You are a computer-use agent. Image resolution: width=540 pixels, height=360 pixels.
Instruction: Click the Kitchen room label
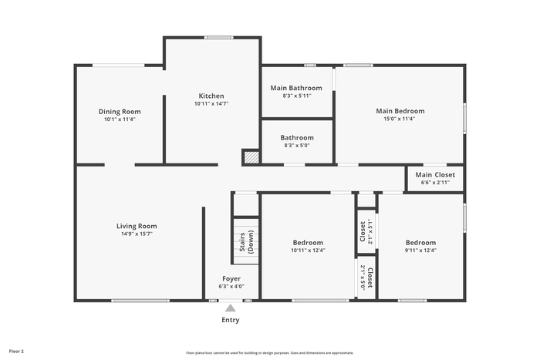211,96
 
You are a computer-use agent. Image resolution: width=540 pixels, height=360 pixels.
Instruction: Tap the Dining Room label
120,112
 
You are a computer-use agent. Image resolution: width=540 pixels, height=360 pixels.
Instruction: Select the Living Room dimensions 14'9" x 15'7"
137,234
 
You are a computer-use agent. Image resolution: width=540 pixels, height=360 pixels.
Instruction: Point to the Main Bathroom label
296,88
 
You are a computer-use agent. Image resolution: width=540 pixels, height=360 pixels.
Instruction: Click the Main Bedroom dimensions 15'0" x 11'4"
400,119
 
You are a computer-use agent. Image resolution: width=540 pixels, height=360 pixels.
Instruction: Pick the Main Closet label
435,175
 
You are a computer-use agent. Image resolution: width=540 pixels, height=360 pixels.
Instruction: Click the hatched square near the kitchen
251,157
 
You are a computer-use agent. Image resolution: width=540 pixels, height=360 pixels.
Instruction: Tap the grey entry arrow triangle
231,308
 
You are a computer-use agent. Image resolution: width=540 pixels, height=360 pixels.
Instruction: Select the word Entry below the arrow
231,320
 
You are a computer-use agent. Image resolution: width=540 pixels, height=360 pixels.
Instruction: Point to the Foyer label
231,279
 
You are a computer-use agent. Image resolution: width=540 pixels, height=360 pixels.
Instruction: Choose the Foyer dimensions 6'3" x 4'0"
231,286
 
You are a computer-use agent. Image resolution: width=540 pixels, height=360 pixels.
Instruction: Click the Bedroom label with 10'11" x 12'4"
308,243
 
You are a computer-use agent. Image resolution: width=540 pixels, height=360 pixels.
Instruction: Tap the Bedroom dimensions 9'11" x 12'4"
420,251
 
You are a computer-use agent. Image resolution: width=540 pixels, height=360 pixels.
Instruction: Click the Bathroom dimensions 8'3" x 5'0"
297,145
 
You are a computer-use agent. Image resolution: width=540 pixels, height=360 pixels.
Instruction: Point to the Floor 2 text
16,352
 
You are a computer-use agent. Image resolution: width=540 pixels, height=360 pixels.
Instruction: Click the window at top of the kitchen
218,38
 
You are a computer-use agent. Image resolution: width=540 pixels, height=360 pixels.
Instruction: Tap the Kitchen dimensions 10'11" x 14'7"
211,103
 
